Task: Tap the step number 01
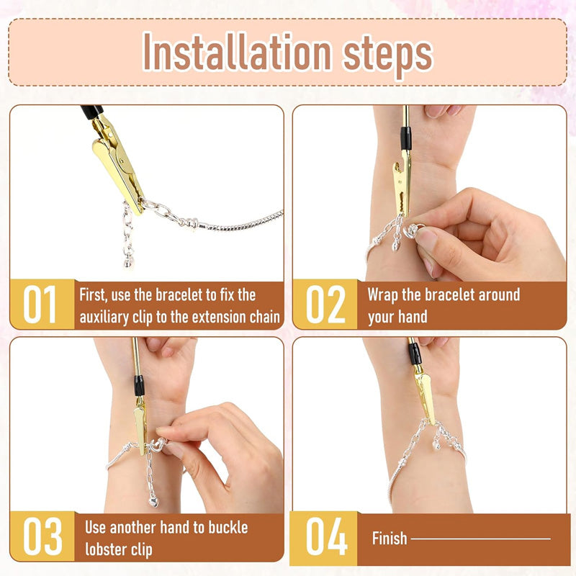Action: click(x=41, y=305)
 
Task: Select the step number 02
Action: click(x=325, y=305)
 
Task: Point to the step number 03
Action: click(x=41, y=536)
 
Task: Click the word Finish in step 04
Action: click(x=390, y=538)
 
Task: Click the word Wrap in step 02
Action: click(x=383, y=294)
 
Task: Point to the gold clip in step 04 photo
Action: click(x=423, y=392)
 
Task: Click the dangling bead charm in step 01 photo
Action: click(x=128, y=261)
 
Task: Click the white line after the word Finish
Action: click(x=480, y=538)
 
